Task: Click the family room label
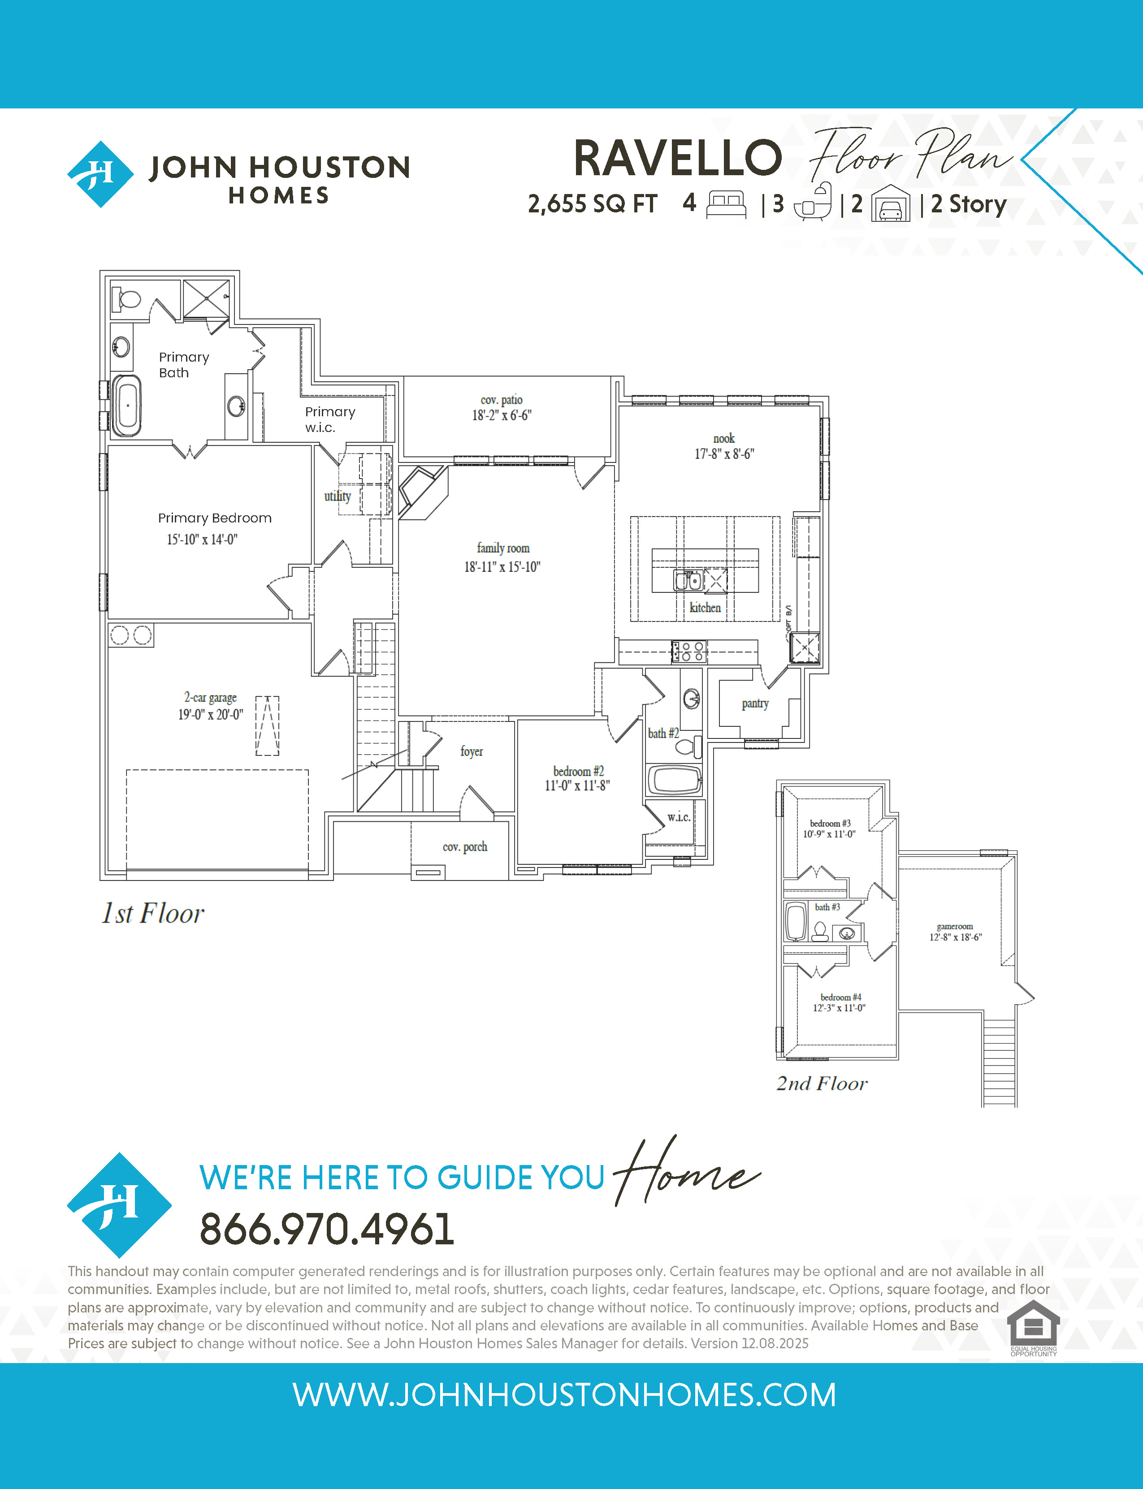[x=503, y=548]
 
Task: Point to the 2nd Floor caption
[x=822, y=1083]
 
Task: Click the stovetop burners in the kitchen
[x=689, y=652]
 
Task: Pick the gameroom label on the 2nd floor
[x=955, y=927]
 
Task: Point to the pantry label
[x=755, y=703]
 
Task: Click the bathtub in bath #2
[x=674, y=780]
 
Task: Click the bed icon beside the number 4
[x=727, y=203]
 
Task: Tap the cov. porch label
[x=465, y=847]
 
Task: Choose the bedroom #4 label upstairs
[x=841, y=997]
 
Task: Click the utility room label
[x=338, y=496]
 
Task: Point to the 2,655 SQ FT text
[x=593, y=204]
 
